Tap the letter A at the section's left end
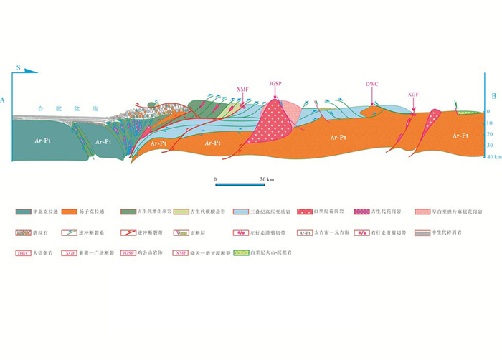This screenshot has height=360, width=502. (x=5, y=100)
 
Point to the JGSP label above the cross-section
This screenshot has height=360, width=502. (x=275, y=83)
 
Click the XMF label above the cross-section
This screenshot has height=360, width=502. (x=242, y=90)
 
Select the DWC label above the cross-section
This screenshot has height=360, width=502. (x=371, y=84)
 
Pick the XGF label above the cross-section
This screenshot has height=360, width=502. (x=413, y=94)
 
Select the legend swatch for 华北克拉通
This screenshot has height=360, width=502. (x=24, y=213)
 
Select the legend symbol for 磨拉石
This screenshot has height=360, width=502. (x=24, y=232)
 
